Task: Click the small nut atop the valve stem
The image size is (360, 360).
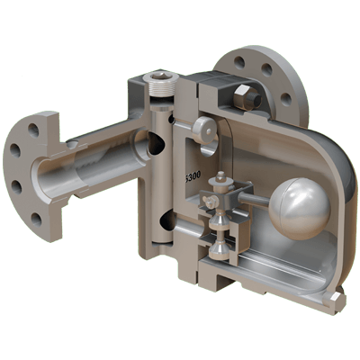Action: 215,185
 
